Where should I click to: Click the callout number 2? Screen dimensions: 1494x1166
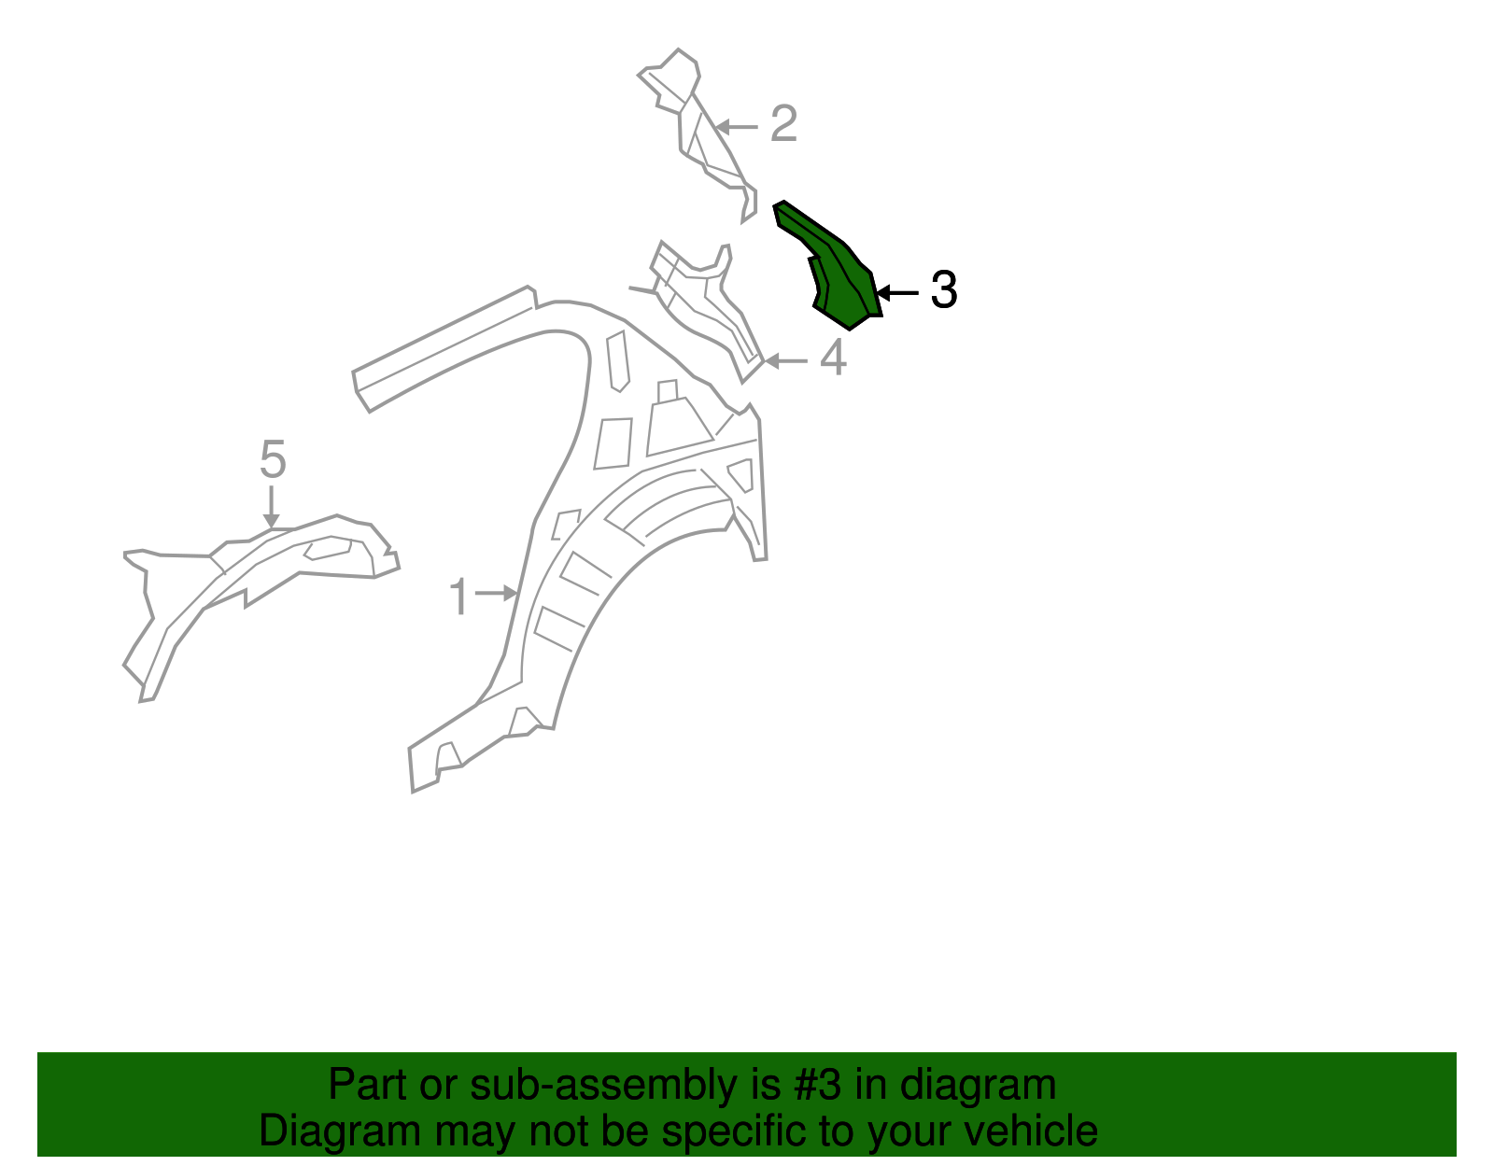[783, 123]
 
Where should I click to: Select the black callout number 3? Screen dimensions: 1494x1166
[943, 289]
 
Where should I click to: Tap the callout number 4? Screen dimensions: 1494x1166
[833, 358]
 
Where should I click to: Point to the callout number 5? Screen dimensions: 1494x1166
[273, 459]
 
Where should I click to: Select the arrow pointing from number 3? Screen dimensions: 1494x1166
[897, 293]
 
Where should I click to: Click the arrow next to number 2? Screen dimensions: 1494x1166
[737, 127]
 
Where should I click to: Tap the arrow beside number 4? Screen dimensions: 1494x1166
[786, 360]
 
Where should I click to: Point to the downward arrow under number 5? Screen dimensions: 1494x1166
[272, 507]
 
